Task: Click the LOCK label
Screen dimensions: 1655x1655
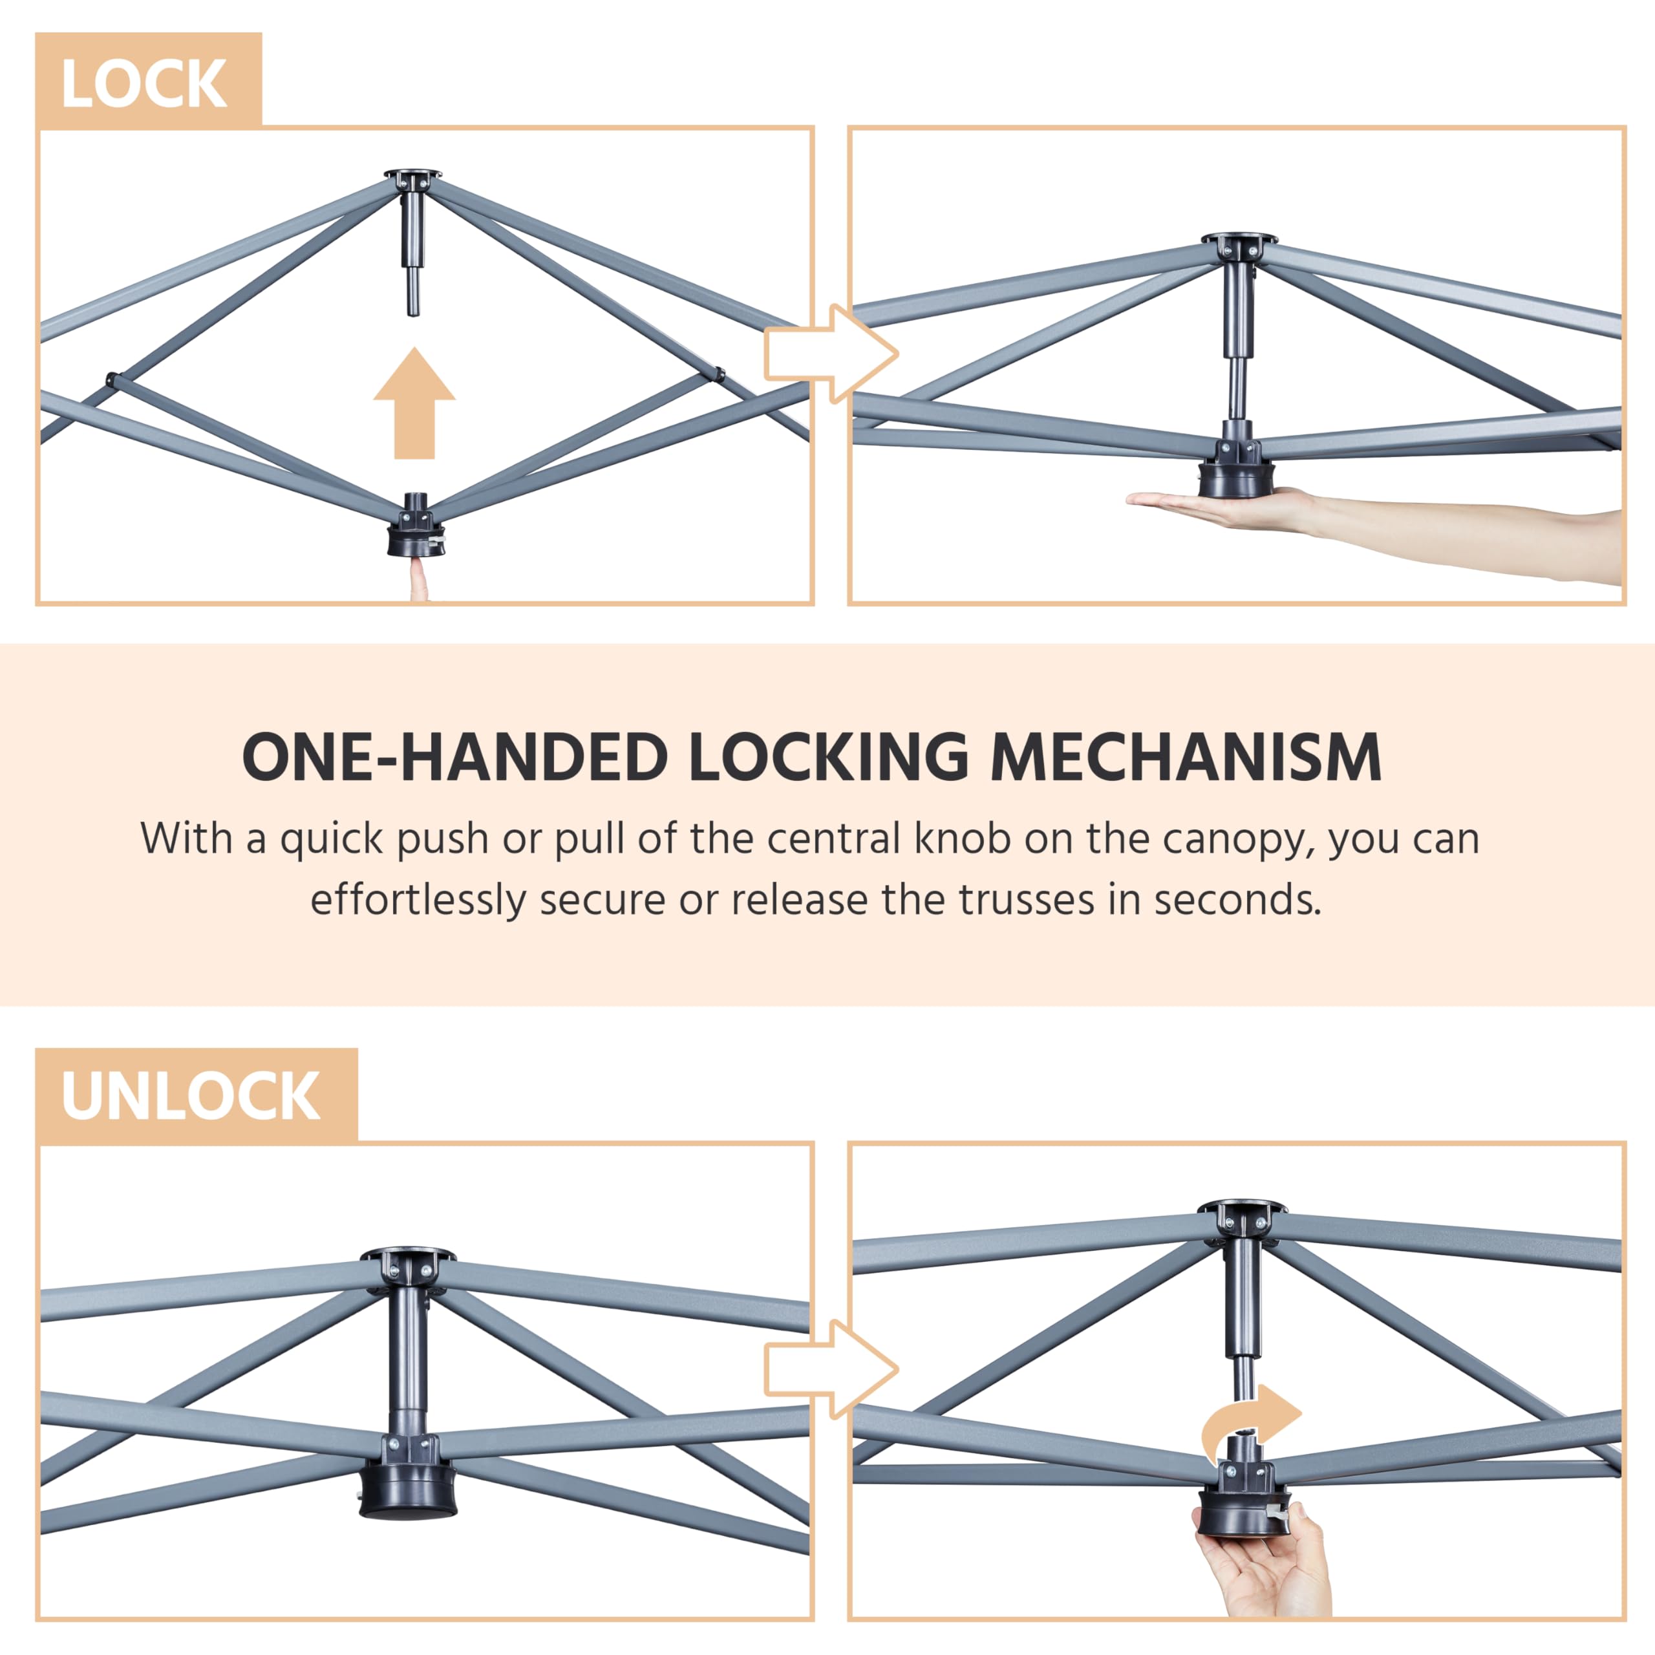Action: pyautogui.click(x=144, y=84)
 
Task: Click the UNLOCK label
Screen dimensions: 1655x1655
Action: pyautogui.click(x=191, y=1096)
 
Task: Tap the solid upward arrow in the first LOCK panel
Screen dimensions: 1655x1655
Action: pyautogui.click(x=414, y=403)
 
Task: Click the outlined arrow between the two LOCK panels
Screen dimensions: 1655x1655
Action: pyautogui.click(x=831, y=354)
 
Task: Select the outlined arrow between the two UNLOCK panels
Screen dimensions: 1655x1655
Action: pyautogui.click(x=831, y=1368)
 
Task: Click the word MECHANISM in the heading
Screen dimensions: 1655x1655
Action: pyautogui.click(x=1186, y=757)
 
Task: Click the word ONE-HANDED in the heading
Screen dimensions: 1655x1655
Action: pyautogui.click(x=455, y=757)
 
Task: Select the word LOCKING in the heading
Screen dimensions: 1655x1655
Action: pyautogui.click(x=828, y=757)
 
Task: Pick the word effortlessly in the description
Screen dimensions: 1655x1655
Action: pyautogui.click(x=418, y=901)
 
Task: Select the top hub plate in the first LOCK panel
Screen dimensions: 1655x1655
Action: pyautogui.click(x=414, y=177)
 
